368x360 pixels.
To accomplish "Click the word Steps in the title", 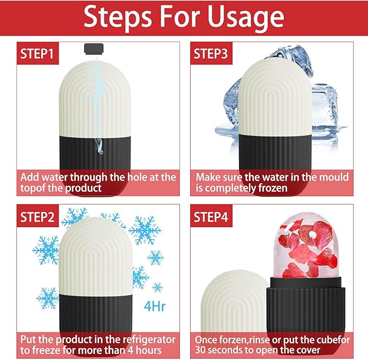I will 114,18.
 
